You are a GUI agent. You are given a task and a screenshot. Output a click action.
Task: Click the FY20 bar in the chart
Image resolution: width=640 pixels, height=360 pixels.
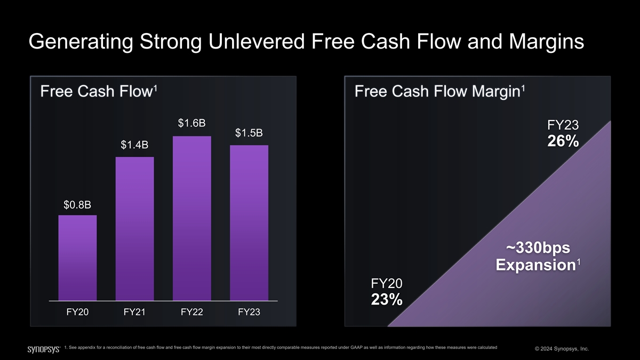pyautogui.click(x=77, y=258)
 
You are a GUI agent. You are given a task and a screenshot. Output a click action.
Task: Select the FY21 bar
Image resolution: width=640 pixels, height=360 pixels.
pyautogui.click(x=134, y=229)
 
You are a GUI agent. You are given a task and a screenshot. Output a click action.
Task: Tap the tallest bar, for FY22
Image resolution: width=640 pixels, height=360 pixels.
pyautogui.click(x=192, y=219)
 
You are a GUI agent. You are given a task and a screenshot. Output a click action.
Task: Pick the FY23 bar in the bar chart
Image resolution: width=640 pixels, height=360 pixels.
pyautogui.click(x=249, y=223)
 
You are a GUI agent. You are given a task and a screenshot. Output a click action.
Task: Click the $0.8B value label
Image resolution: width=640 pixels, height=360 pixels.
pyautogui.click(x=77, y=205)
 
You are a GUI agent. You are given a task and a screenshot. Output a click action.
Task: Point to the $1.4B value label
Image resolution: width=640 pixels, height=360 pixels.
pyautogui.click(x=134, y=145)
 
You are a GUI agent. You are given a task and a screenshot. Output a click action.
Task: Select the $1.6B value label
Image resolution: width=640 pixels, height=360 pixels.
pyautogui.click(x=192, y=124)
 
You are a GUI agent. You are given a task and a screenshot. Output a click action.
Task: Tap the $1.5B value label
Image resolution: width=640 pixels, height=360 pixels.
pyautogui.click(x=249, y=133)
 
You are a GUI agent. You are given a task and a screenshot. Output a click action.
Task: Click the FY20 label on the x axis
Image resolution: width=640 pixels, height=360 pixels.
pyautogui.click(x=77, y=312)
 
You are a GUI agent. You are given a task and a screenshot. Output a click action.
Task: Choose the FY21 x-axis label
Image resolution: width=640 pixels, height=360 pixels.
pyautogui.click(x=134, y=312)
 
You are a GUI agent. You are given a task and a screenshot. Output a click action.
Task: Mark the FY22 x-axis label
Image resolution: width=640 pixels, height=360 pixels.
pyautogui.click(x=192, y=312)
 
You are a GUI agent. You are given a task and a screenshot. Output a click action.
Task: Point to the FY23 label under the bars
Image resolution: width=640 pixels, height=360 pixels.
pyautogui.click(x=249, y=312)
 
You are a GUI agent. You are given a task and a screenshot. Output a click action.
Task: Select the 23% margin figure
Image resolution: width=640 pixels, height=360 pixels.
pyautogui.click(x=387, y=300)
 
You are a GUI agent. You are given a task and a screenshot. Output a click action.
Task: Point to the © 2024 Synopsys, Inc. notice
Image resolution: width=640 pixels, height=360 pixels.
pyautogui.click(x=562, y=349)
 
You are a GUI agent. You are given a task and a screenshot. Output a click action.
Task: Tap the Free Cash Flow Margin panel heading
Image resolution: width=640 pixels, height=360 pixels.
pyautogui.click(x=437, y=92)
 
